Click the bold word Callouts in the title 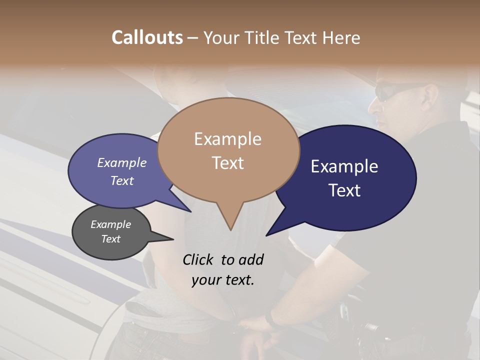click(147, 37)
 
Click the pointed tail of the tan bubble click(230, 227)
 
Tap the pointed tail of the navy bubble click(270, 233)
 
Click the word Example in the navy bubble click(344, 166)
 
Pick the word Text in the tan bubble click(227, 163)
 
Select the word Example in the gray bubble click(110, 224)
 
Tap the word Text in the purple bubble click(122, 180)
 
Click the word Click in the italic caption click(199, 259)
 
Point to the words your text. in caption click(223, 279)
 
